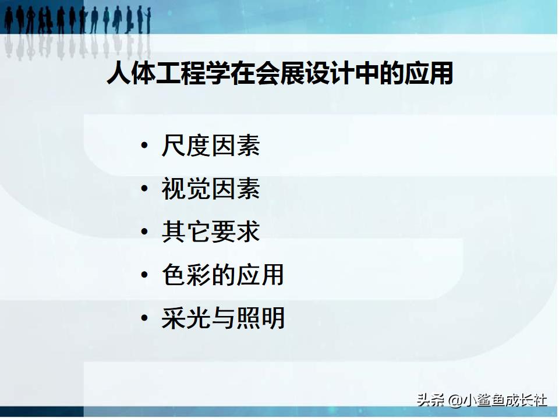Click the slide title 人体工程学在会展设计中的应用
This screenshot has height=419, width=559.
click(x=279, y=75)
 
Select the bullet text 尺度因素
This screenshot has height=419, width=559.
click(x=210, y=145)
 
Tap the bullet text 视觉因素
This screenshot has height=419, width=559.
click(x=210, y=189)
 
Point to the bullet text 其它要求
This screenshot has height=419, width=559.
click(x=210, y=232)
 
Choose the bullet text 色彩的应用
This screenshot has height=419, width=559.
click(x=222, y=275)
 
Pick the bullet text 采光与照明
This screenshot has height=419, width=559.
click(x=223, y=318)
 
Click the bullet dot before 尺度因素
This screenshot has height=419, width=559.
click(x=144, y=146)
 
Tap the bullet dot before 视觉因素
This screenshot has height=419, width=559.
click(x=144, y=189)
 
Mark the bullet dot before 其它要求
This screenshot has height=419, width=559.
click(x=144, y=232)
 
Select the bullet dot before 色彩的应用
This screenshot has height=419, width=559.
click(x=144, y=275)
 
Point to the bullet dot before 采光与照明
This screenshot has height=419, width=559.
click(x=144, y=318)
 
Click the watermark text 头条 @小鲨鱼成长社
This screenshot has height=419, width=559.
click(x=482, y=400)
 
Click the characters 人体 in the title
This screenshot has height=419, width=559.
click(x=132, y=75)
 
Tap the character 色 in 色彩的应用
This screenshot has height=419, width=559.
click(x=174, y=275)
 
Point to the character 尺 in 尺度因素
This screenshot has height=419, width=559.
click(x=174, y=145)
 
